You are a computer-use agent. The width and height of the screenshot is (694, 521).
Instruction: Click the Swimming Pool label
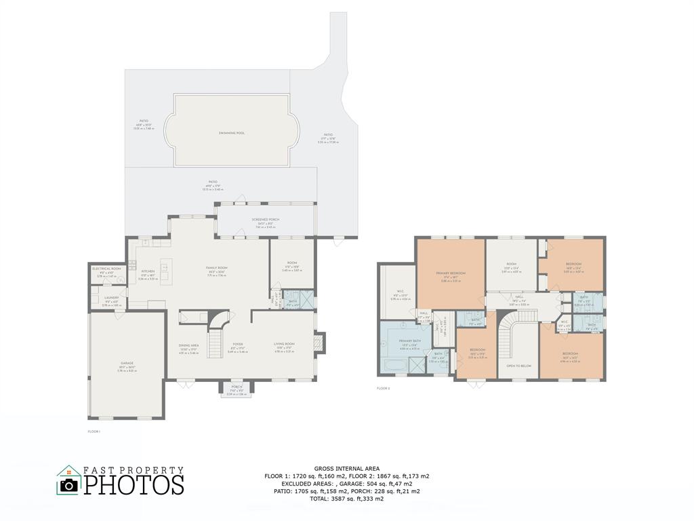point(231,133)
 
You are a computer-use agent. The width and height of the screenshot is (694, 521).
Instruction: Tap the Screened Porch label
point(265,220)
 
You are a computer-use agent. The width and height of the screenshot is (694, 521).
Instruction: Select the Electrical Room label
point(106,269)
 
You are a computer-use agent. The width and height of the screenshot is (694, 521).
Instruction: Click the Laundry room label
point(111,298)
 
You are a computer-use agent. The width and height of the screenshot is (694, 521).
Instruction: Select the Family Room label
point(217,268)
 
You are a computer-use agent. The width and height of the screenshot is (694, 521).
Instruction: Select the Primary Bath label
point(410,341)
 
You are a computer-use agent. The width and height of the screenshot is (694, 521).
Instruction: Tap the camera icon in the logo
point(68,484)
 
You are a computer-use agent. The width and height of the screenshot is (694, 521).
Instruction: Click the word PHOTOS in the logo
point(134,485)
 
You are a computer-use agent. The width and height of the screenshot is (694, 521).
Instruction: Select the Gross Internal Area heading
point(346,469)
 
